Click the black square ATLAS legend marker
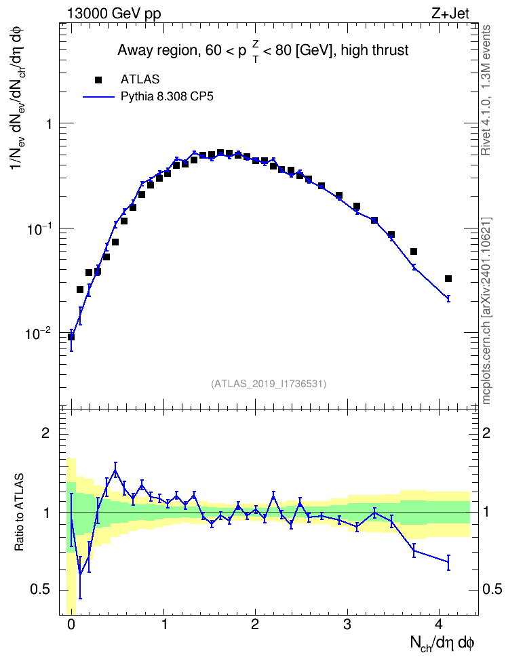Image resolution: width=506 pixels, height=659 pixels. (x=98, y=79)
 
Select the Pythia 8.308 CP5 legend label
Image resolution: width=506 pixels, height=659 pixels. (x=167, y=97)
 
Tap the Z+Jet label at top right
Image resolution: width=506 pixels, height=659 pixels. (x=450, y=14)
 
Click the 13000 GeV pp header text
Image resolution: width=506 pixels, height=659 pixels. (x=114, y=14)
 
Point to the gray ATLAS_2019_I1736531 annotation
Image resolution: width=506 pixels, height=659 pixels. (x=269, y=383)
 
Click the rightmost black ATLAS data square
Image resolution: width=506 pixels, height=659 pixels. (x=448, y=279)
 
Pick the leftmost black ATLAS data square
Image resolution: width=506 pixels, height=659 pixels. (x=71, y=337)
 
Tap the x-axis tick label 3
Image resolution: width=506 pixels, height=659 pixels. (x=347, y=624)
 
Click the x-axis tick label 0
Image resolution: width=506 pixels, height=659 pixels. (x=71, y=624)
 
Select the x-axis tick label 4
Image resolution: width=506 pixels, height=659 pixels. (x=439, y=624)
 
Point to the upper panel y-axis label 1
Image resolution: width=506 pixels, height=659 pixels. (x=49, y=124)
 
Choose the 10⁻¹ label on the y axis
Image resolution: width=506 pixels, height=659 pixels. (x=37, y=228)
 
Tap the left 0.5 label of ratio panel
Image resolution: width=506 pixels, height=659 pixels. (x=41, y=589)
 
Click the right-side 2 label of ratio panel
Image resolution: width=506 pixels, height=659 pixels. (x=486, y=433)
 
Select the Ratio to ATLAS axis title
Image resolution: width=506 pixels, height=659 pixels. (x=19, y=513)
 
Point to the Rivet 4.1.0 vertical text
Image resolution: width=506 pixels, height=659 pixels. (x=486, y=90)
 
